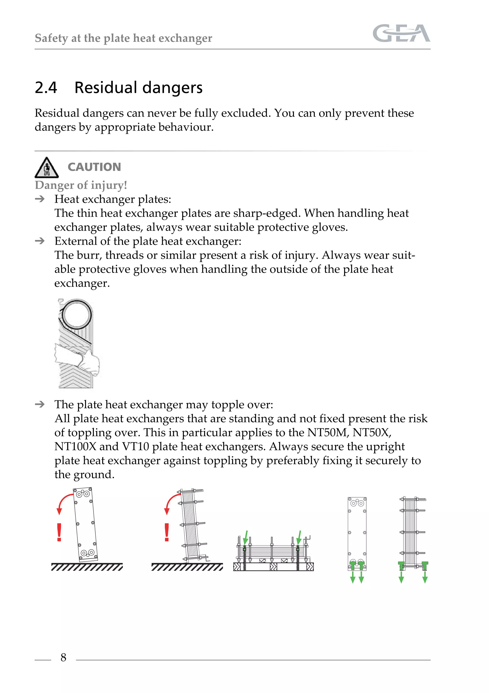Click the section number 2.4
46,88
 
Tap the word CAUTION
94,167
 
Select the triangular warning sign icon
47,168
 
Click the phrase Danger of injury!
81,185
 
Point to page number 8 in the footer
63,657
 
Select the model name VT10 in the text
135,446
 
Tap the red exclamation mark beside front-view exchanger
59,533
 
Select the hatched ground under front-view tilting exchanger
87,567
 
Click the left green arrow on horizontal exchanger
246,537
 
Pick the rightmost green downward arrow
425,577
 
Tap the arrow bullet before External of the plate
40,241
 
